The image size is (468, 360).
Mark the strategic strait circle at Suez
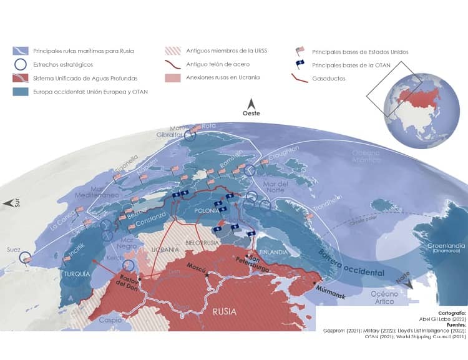26,257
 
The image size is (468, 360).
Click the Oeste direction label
251,113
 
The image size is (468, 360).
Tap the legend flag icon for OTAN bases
300,65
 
